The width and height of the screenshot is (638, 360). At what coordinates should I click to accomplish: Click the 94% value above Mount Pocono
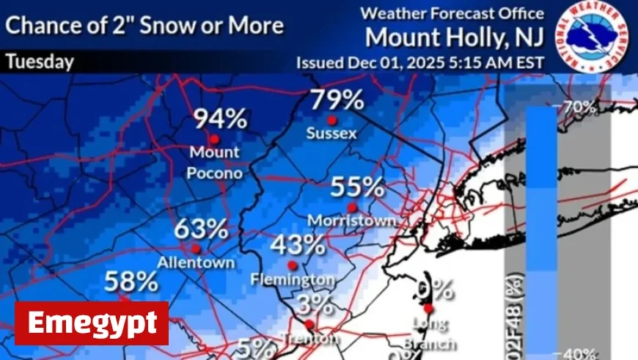(219, 118)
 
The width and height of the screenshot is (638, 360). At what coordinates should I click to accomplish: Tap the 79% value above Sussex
(337, 99)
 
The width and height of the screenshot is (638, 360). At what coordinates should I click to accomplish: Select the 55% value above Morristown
(357, 186)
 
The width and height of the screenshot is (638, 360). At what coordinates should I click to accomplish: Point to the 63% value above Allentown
(200, 228)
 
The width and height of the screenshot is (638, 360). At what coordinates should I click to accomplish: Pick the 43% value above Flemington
(298, 244)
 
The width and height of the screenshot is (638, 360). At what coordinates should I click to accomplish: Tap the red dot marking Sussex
(331, 120)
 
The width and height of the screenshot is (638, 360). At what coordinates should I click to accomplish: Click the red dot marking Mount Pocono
(214, 139)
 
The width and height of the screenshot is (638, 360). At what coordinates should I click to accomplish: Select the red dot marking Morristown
(353, 207)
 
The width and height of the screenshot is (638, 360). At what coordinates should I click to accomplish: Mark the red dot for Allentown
(196, 249)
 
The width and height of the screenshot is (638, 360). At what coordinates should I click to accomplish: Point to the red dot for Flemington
(292, 265)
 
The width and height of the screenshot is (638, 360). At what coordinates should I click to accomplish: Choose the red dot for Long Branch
(428, 309)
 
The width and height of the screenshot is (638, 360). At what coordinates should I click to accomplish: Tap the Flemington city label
(293, 280)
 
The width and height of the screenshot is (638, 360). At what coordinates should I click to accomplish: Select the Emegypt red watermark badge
(92, 323)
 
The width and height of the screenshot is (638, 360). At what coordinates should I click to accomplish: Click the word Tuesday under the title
(40, 62)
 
